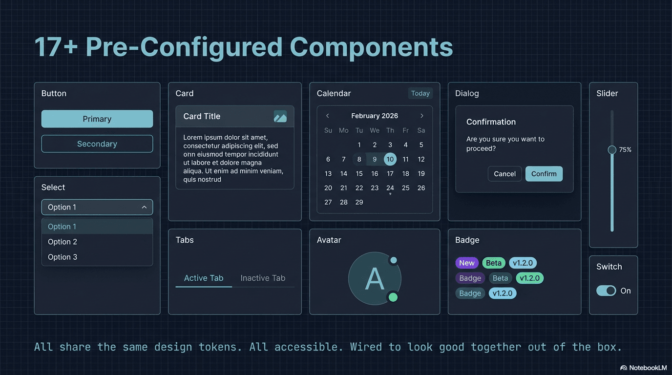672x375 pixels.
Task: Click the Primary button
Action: pos(97,119)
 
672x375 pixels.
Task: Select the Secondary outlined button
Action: pos(97,144)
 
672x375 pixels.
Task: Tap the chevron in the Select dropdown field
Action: pos(144,208)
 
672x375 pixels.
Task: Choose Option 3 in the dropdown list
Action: pos(63,257)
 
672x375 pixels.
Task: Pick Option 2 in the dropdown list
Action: pos(63,242)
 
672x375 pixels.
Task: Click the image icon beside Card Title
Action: pos(280,117)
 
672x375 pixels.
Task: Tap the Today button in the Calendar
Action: pos(420,93)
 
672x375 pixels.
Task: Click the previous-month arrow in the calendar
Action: pos(328,116)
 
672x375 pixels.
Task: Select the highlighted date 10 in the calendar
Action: pos(390,159)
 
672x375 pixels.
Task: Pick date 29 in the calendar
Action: pos(359,202)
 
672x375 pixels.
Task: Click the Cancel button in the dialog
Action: pos(504,174)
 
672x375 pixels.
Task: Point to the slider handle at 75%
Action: pos(611,150)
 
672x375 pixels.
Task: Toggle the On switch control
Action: pos(606,291)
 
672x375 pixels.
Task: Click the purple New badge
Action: pos(466,263)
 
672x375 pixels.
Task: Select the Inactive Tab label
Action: pos(263,278)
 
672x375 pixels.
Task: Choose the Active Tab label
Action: pos(203,278)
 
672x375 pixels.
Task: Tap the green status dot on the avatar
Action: pos(393,297)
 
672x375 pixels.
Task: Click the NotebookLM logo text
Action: pos(643,368)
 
